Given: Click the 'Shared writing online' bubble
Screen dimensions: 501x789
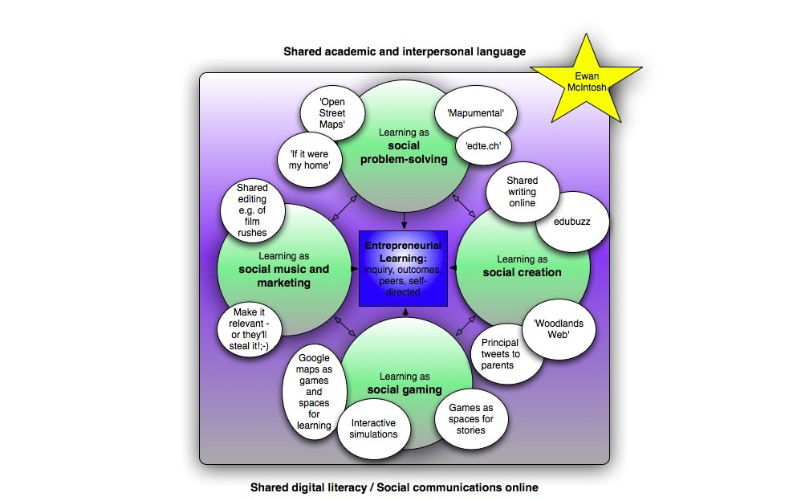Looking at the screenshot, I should [522, 192].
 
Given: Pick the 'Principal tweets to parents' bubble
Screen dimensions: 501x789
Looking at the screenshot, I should [501, 354].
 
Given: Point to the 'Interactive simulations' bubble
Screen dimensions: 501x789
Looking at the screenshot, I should [373, 428].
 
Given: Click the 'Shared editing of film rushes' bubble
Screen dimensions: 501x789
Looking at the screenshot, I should [251, 210].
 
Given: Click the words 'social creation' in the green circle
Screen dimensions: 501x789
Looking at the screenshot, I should [522, 272].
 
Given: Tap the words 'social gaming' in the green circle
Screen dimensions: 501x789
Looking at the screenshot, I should [405, 389].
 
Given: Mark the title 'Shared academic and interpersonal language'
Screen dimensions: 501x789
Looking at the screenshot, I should [405, 51].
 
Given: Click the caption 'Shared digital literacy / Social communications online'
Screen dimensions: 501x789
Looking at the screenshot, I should [394, 487].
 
